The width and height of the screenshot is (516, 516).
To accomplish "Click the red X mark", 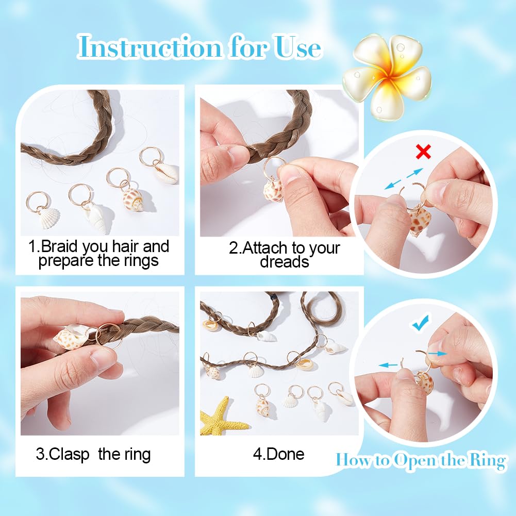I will coord(424,152).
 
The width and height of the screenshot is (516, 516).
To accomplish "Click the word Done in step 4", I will coord(286,454).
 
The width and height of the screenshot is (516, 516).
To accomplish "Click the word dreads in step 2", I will coord(284,261).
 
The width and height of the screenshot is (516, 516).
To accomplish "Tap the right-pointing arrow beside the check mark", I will coord(438,353).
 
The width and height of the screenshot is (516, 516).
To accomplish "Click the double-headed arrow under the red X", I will coord(404,180).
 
